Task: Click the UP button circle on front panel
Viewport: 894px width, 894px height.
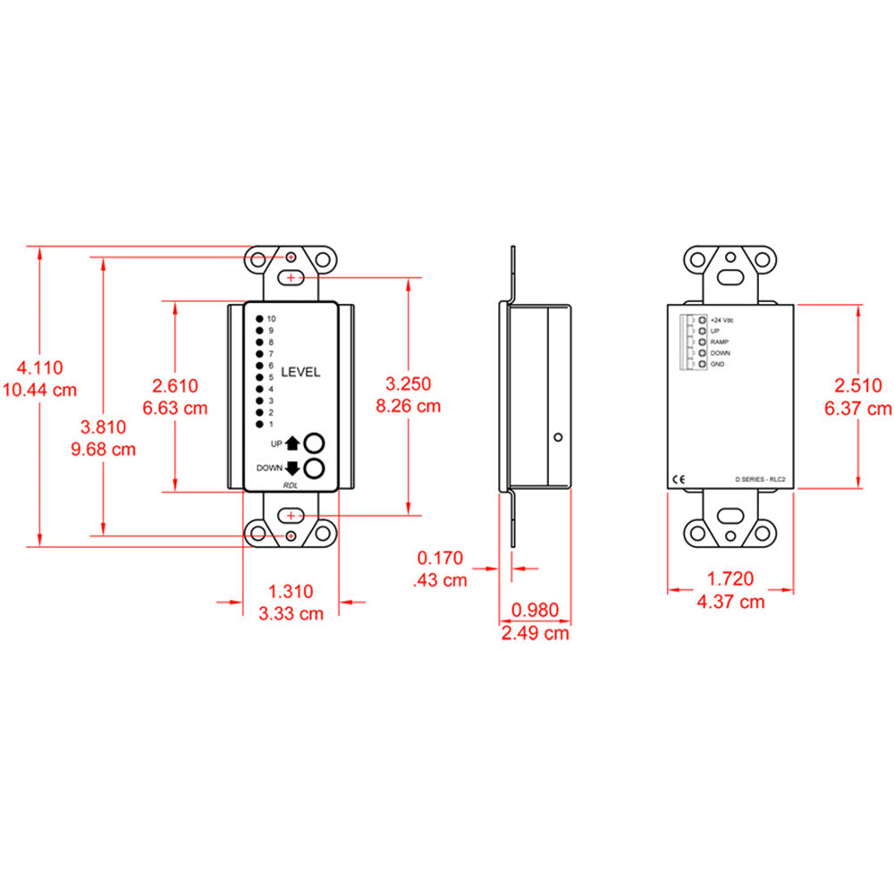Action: tap(314, 443)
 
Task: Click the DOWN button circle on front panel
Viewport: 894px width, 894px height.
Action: tap(314, 468)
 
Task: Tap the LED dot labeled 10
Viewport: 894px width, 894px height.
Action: tap(259, 319)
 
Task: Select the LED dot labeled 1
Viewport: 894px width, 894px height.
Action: tap(259, 424)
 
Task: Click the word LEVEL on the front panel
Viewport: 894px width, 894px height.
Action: tap(300, 372)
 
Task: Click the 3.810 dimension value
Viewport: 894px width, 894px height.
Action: tap(103, 426)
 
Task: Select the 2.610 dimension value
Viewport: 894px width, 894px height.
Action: tap(175, 385)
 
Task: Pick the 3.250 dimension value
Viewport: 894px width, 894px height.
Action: tap(408, 384)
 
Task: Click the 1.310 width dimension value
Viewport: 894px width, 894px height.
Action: tap(291, 591)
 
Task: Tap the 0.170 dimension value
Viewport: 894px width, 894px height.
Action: tap(440, 559)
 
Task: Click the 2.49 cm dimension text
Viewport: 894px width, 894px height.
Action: tap(534, 634)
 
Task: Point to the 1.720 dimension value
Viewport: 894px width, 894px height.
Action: tap(730, 579)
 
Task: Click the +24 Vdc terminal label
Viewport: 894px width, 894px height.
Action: tap(721, 319)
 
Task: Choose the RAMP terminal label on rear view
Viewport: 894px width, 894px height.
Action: tap(720, 342)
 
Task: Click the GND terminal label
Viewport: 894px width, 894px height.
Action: tap(717, 364)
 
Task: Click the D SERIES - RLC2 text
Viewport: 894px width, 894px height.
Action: tap(759, 481)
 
